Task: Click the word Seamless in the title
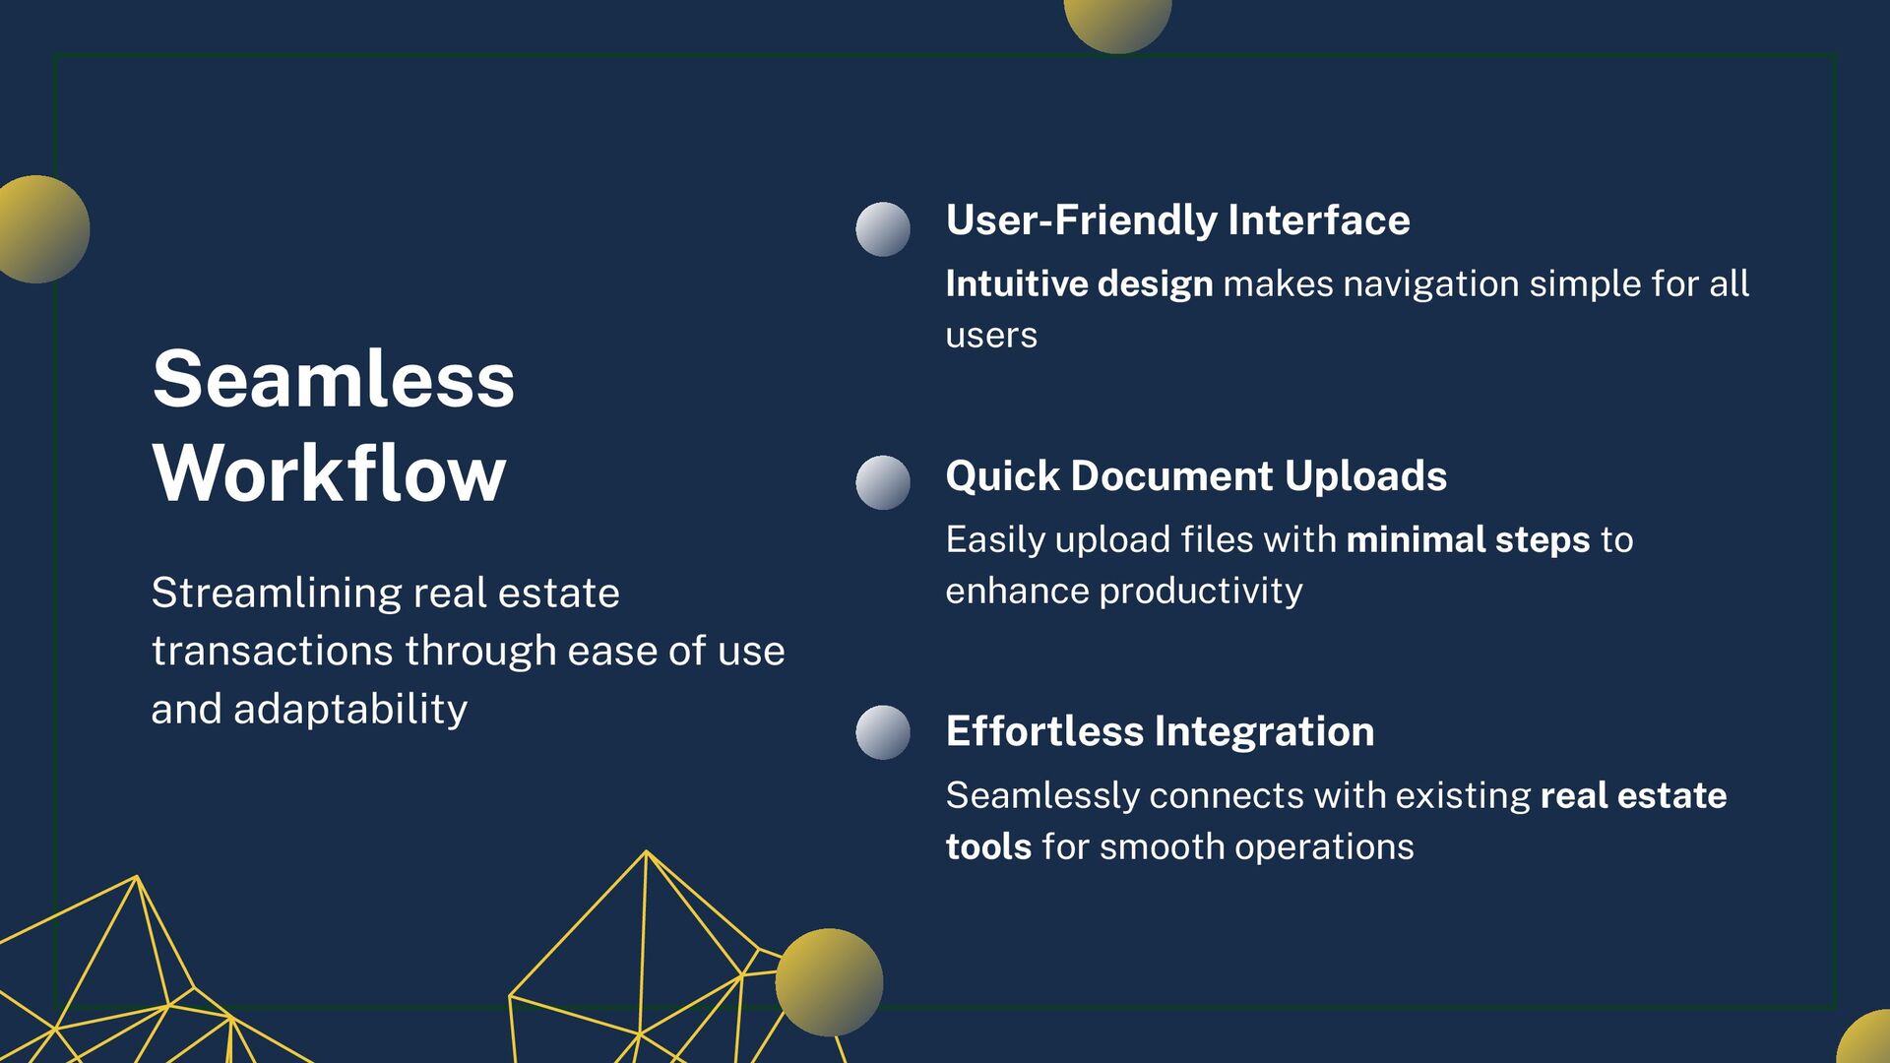click(x=333, y=380)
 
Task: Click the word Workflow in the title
click(x=329, y=473)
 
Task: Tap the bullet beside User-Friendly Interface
click(x=883, y=229)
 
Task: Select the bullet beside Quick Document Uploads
click(x=883, y=482)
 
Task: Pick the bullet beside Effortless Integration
click(x=883, y=732)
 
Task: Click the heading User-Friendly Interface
click(x=1177, y=219)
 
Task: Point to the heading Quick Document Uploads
click(x=1196, y=475)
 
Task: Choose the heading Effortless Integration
click(x=1160, y=731)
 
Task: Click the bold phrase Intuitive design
click(x=1079, y=283)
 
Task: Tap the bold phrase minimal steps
click(x=1468, y=539)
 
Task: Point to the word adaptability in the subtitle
click(x=349, y=709)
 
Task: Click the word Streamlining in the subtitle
click(x=277, y=593)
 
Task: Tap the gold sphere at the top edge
click(x=1118, y=20)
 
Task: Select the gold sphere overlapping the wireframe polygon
click(x=829, y=981)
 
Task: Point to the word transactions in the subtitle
click(x=272, y=651)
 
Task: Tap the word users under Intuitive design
click(x=991, y=336)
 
